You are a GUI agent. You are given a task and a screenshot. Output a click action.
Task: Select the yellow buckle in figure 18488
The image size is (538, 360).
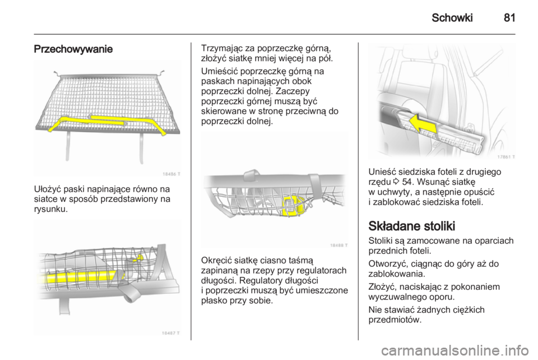294,206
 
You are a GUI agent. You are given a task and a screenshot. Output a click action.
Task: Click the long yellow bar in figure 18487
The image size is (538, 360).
78,275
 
